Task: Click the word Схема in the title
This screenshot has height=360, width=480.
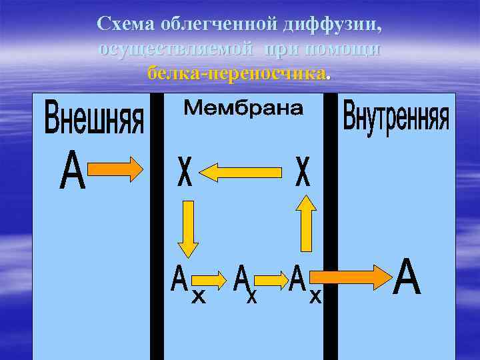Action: point(127,24)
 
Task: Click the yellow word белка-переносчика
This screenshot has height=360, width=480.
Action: point(238,73)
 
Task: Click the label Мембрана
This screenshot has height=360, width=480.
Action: point(243,109)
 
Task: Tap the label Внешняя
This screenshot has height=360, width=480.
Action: point(93,119)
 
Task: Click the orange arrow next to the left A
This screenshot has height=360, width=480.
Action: point(116,169)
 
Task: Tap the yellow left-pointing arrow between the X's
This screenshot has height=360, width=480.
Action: point(241,173)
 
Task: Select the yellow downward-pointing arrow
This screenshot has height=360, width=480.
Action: point(189,229)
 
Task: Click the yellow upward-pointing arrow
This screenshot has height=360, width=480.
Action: point(305,223)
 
